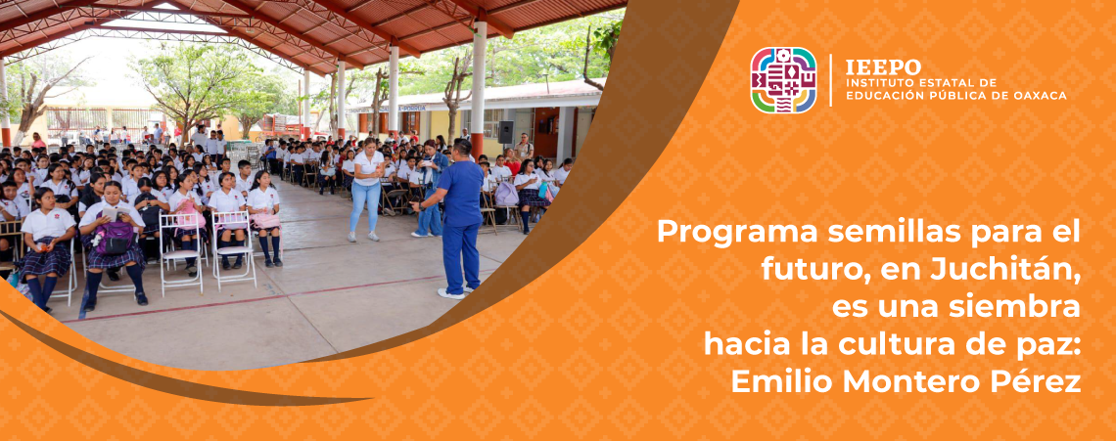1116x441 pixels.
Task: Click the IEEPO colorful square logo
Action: [783, 80]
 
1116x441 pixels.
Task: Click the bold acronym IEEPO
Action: [883, 66]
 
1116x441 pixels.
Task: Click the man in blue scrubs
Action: [457, 218]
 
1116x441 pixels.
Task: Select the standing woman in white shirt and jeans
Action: [366, 189]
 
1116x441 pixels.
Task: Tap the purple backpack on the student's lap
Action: [114, 238]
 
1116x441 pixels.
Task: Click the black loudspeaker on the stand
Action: [506, 132]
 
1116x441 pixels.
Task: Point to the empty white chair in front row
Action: [181, 252]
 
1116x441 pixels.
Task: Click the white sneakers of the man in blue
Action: [456, 291]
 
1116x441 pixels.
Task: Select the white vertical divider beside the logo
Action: [830, 80]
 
